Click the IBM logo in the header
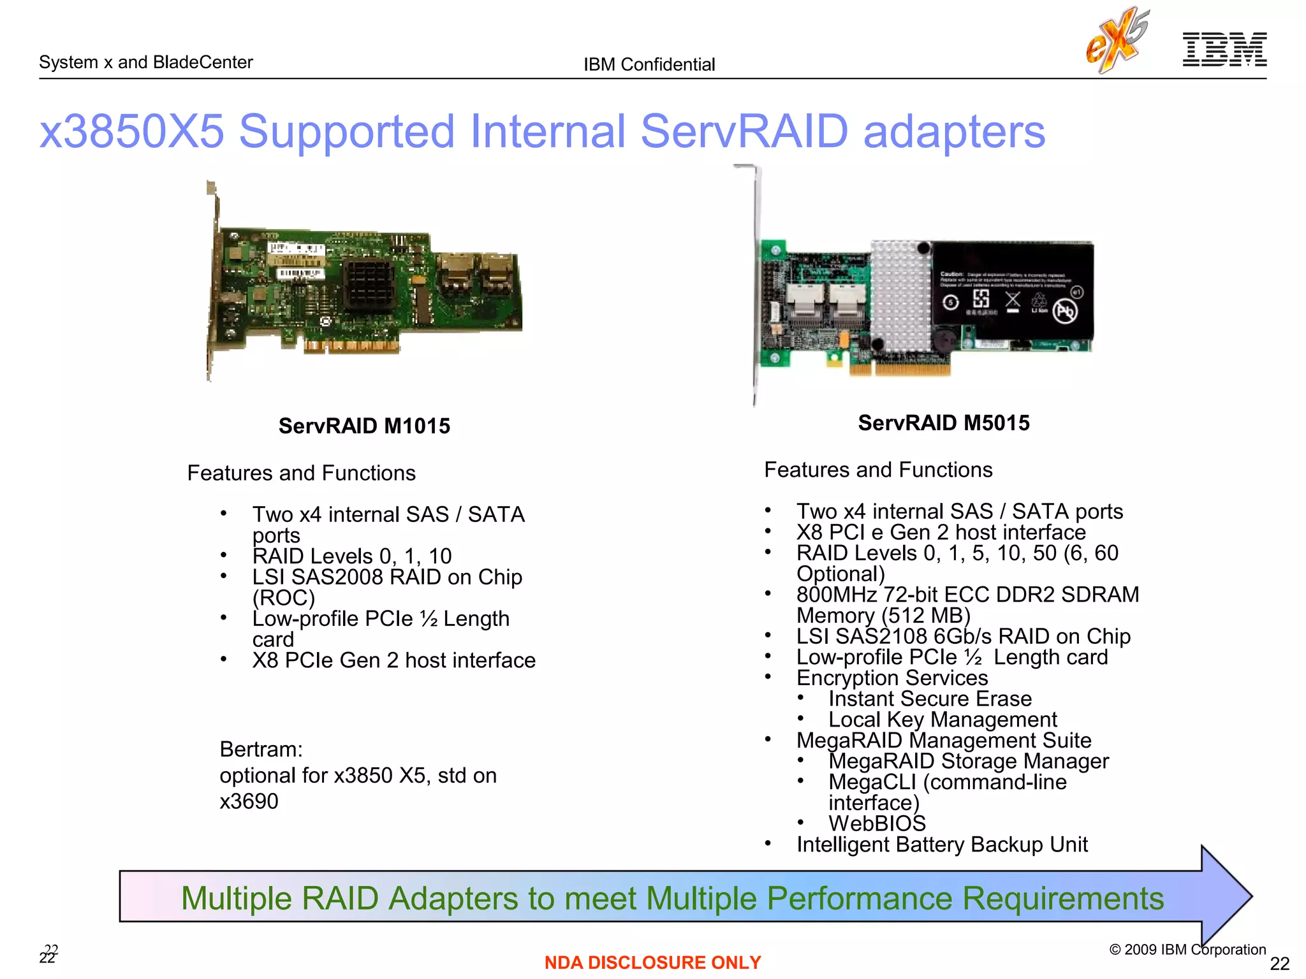1224,49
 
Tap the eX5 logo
1117,40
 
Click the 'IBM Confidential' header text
649,64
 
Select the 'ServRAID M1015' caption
364,426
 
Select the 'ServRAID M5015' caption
943,423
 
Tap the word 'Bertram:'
261,750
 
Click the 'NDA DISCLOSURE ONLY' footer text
652,962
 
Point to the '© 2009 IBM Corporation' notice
1187,949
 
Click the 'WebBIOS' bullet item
877,823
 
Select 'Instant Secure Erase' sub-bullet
930,699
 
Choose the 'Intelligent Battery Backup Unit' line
942,845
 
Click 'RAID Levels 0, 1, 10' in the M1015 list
352,556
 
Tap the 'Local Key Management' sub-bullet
943,720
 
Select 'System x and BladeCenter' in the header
146,62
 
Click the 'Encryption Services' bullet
892,678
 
